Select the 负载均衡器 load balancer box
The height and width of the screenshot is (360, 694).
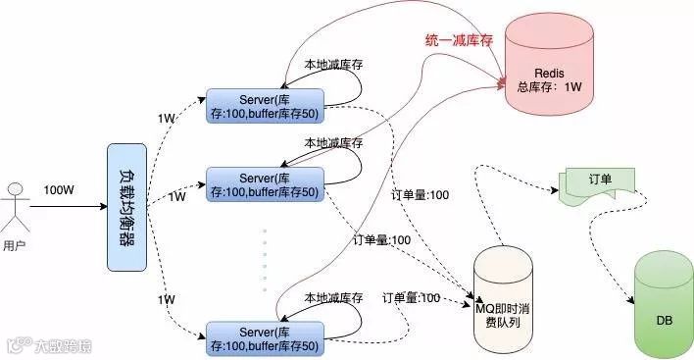126,208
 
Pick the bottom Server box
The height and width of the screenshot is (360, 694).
265,335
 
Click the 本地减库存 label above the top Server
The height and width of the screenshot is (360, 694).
332,65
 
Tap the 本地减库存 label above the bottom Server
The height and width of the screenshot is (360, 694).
332,297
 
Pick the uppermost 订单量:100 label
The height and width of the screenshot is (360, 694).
421,195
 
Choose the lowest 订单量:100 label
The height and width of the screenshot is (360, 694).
411,297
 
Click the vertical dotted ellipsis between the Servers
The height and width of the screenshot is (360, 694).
265,260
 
